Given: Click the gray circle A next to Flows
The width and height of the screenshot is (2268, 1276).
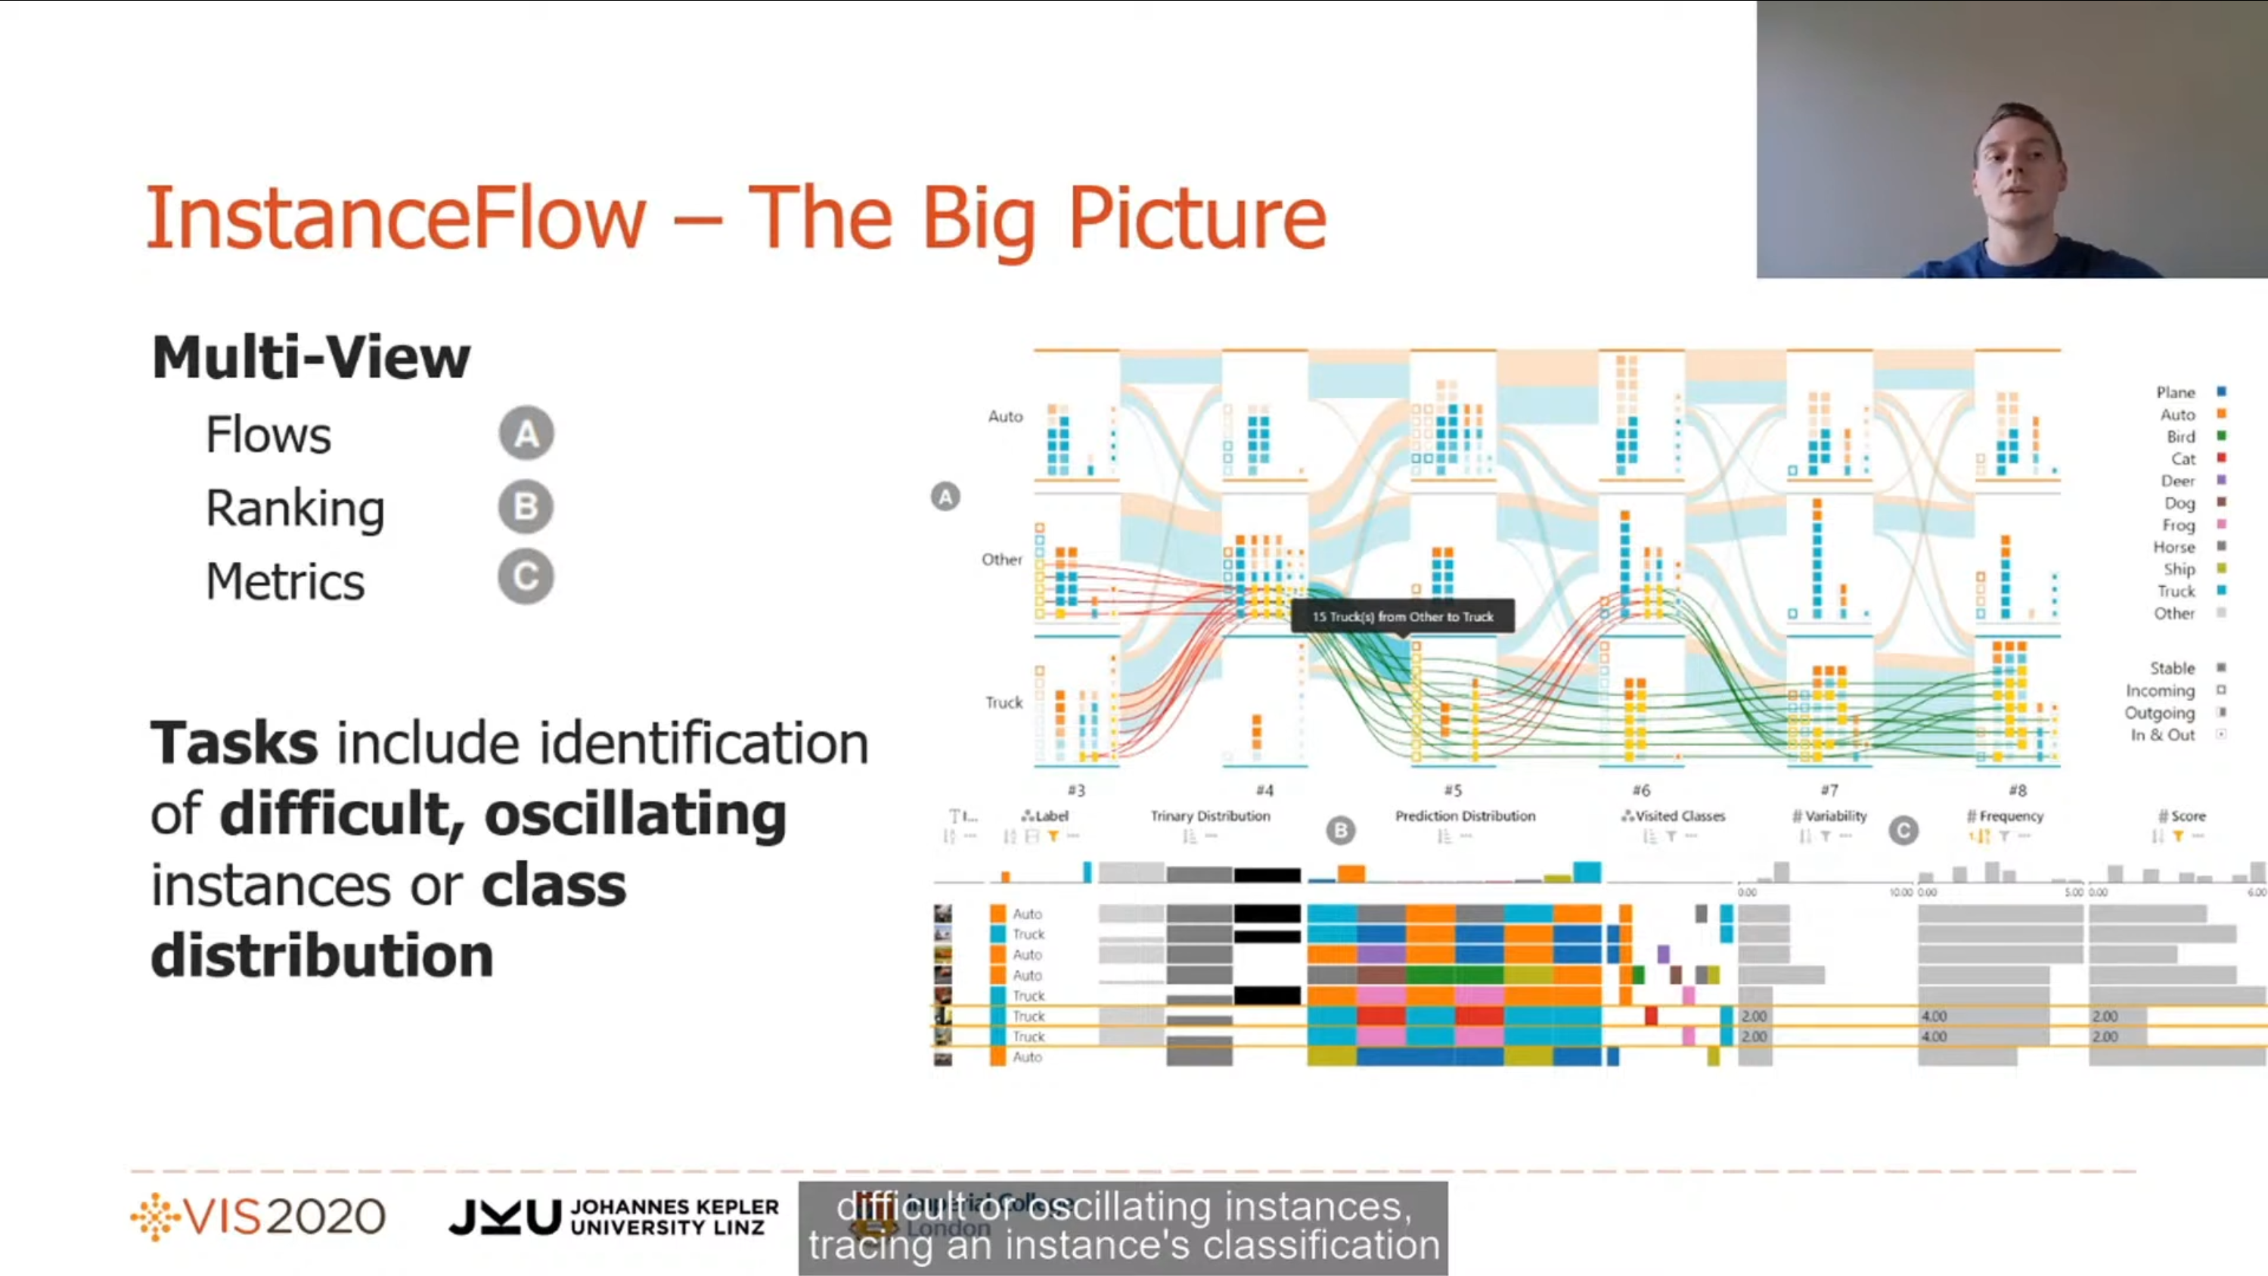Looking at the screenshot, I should tap(526, 433).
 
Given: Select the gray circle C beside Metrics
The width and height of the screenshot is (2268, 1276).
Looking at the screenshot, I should tap(526, 578).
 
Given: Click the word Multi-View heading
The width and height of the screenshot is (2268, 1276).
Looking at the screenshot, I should tap(311, 358).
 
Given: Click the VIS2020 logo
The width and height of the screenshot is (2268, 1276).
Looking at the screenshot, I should tap(258, 1217).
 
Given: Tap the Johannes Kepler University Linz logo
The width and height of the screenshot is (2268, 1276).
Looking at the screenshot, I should tap(613, 1217).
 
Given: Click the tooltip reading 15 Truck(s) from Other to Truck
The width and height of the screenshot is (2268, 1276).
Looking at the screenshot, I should tap(1403, 616).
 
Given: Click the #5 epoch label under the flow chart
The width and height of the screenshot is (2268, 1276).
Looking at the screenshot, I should tap(1453, 790).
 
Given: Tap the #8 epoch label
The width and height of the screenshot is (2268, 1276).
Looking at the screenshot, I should tap(2017, 790).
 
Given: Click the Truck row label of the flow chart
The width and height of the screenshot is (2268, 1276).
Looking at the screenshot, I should tap(1004, 703).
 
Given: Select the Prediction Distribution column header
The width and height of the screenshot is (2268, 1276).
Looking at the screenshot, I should tap(1465, 816).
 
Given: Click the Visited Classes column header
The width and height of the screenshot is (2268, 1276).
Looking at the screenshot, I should tap(1678, 816).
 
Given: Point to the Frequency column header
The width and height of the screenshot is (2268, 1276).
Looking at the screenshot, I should tap(2009, 816).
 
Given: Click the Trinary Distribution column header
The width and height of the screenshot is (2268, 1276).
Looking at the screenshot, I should tap(1210, 816).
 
